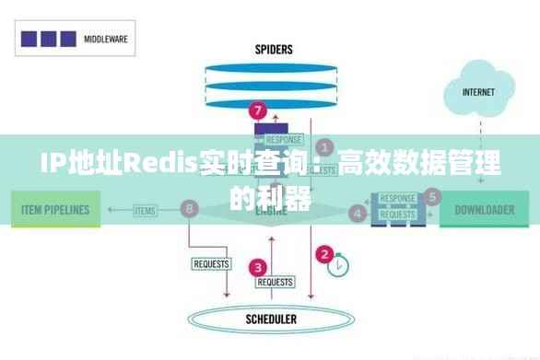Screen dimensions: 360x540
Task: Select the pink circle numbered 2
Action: [x=324, y=253]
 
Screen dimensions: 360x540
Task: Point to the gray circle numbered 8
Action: [x=191, y=209]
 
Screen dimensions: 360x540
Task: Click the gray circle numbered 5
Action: [x=432, y=195]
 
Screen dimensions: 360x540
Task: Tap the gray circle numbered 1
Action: [x=324, y=146]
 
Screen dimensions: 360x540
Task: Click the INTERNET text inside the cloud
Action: [x=478, y=92]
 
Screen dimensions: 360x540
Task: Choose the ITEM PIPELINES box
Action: [x=55, y=210]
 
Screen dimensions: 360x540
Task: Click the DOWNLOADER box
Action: [x=484, y=210]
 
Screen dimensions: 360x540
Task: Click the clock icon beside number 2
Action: [x=341, y=264]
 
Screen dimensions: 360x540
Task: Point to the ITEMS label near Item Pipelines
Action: [x=145, y=211]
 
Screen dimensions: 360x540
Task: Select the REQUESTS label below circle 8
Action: [x=210, y=264]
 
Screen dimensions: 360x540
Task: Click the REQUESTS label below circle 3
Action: [x=275, y=282]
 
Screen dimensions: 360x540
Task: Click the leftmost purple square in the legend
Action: [x=29, y=40]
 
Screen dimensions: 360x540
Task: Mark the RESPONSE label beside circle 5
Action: [x=397, y=198]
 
